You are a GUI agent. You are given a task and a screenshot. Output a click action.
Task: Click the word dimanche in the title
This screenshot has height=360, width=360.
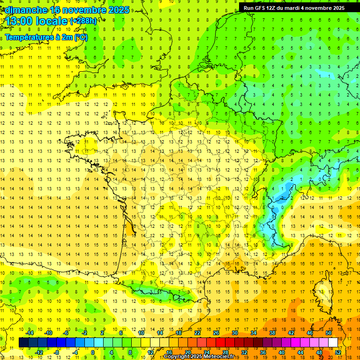[x=26, y=10]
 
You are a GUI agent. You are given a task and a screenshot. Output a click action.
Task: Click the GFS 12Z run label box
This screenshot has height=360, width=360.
[x=294, y=7]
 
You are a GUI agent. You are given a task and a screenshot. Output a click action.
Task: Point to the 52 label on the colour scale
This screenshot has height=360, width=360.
[x=338, y=352]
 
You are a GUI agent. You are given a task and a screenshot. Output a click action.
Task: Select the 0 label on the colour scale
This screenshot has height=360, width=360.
[x=92, y=352]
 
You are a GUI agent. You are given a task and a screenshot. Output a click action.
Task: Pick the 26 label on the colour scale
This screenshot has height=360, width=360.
[x=216, y=332]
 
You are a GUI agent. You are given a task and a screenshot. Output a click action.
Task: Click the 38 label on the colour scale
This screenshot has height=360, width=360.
[x=272, y=332]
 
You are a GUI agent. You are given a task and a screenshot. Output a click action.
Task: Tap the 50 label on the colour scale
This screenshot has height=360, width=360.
[x=329, y=332]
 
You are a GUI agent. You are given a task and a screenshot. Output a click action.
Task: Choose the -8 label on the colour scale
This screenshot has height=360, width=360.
[x=57, y=352]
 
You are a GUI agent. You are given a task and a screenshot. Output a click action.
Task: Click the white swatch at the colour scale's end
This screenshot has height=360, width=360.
[x=333, y=342]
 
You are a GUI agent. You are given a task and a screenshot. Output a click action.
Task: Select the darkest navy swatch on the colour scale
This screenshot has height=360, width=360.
[x=24, y=342]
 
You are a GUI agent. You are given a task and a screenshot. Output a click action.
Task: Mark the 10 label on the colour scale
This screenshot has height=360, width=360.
[x=141, y=332]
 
